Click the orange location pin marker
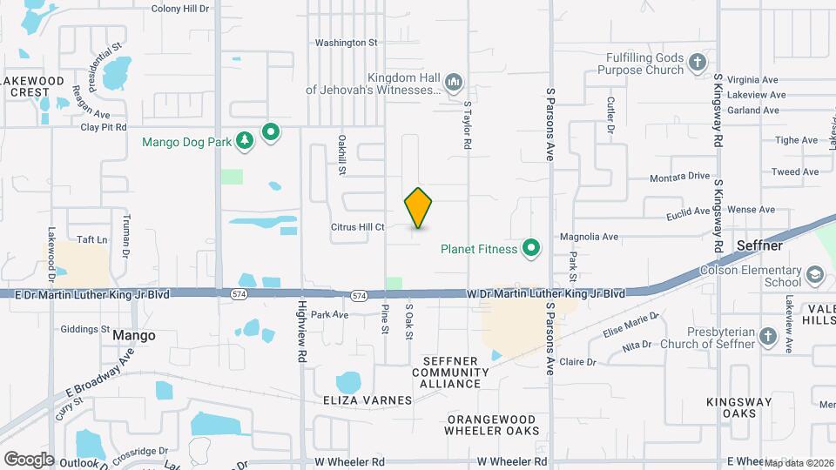coord(419,208)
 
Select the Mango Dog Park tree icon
coord(246,140)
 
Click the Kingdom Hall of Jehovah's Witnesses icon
coord(453,84)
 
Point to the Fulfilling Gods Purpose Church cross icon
coord(697,62)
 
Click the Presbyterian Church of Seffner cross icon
coord(766,336)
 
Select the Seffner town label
coord(760,246)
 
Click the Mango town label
coord(134,335)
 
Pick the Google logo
coord(29,459)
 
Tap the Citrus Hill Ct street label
coord(358,227)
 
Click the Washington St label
coord(346,42)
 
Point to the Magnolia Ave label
coord(589,236)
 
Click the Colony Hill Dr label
coord(181,9)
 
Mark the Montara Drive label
coord(680,177)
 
